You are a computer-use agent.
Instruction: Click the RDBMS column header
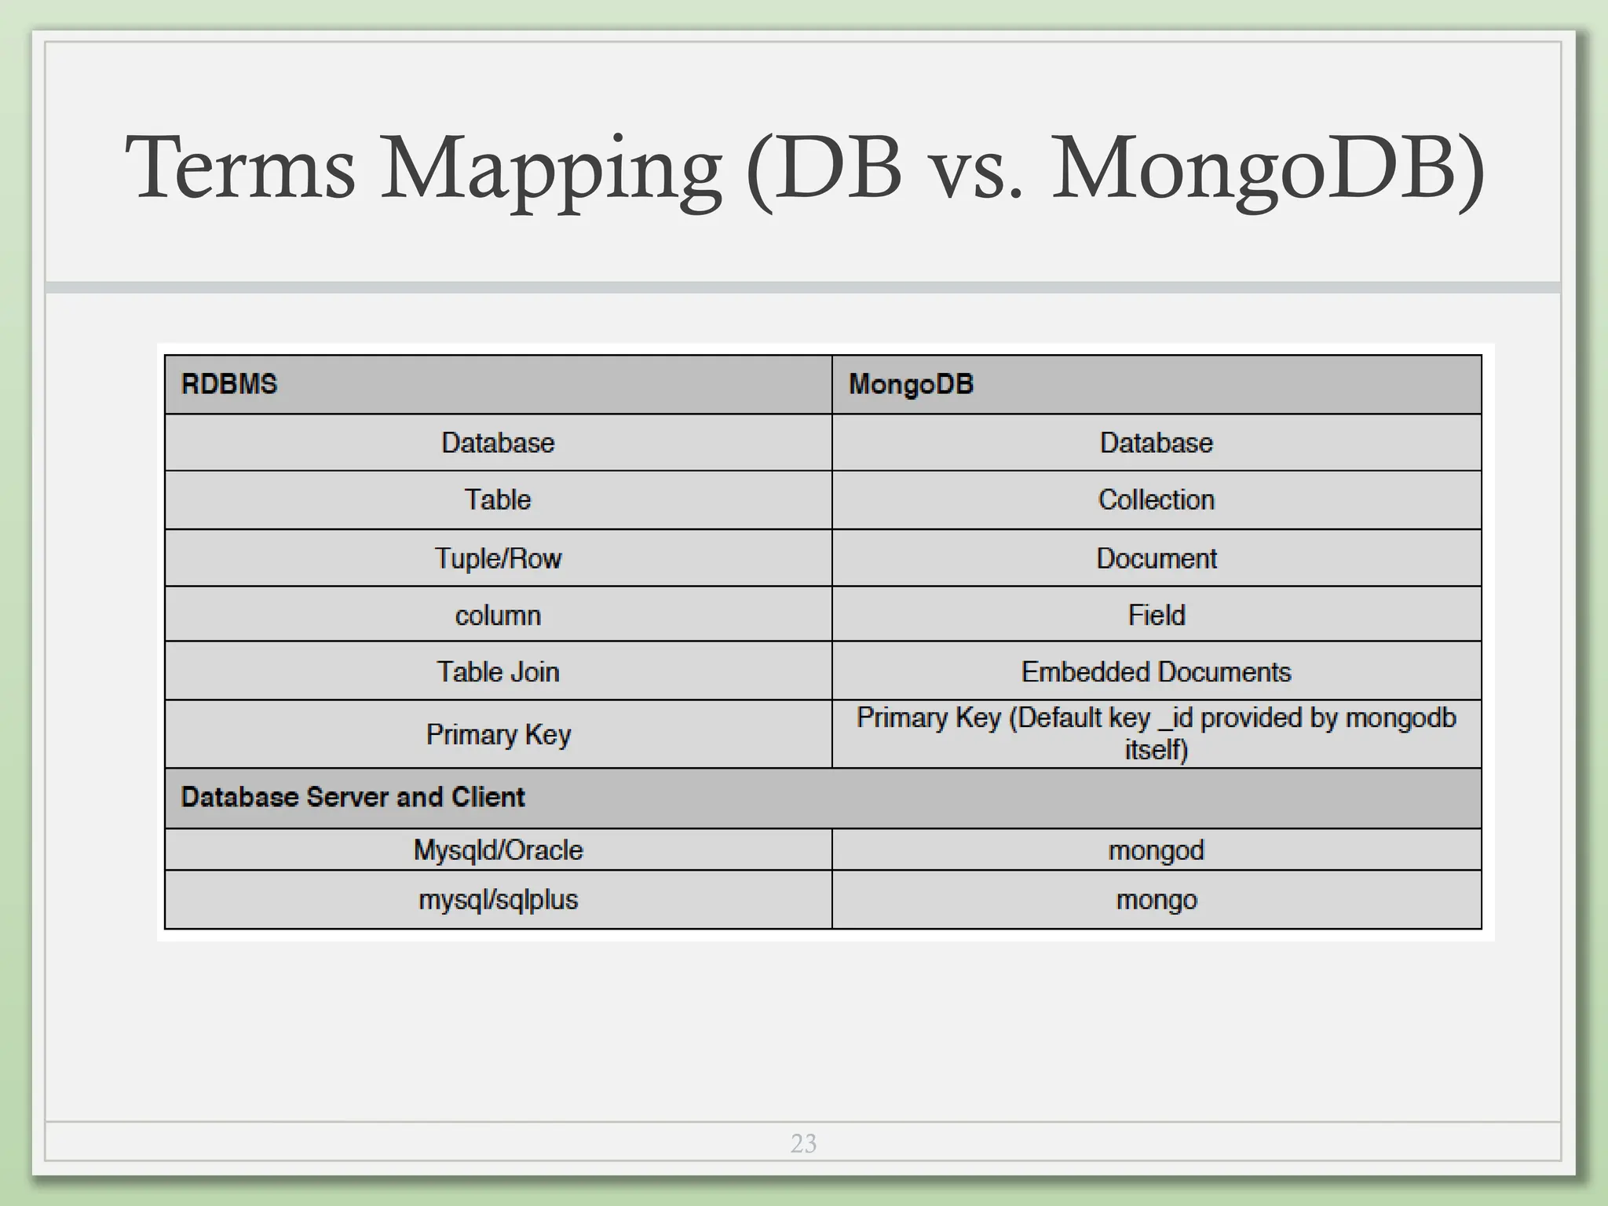(x=229, y=384)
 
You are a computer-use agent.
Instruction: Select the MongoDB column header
(x=911, y=384)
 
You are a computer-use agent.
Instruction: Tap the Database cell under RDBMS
(x=498, y=443)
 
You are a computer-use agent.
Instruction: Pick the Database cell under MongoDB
(x=1156, y=443)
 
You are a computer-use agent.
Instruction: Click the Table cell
(x=498, y=500)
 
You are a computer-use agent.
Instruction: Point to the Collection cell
(x=1156, y=500)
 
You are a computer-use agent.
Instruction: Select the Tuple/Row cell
(x=498, y=558)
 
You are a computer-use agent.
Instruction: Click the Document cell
(x=1156, y=558)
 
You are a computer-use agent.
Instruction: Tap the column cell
(x=498, y=615)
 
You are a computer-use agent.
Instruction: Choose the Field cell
(x=1156, y=615)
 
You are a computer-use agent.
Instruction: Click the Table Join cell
(x=498, y=672)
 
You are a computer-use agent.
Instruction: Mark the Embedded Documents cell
(x=1156, y=672)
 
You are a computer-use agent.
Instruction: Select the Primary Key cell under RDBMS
(x=498, y=735)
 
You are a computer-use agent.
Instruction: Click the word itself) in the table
(x=1156, y=750)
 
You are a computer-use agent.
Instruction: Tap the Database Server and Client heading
(x=353, y=797)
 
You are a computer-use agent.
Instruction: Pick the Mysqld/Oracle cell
(x=498, y=850)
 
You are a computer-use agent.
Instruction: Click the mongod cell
(x=1156, y=850)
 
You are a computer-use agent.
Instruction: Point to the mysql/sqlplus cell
(x=498, y=900)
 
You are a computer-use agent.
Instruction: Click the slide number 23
(x=803, y=1143)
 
